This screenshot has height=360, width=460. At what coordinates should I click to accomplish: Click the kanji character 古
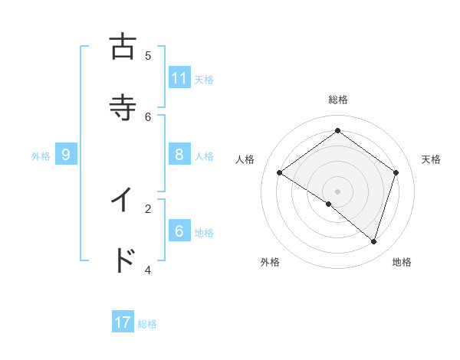123,47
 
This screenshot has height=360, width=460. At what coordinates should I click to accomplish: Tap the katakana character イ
123,200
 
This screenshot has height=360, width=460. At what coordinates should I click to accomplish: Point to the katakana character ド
123,260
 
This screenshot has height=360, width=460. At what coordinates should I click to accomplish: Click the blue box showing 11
179,78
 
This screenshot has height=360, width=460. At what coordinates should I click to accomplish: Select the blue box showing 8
179,155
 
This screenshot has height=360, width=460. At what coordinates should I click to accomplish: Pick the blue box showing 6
179,231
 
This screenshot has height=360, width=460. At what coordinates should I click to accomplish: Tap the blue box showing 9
66,155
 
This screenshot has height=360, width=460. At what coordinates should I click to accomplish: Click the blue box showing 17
123,322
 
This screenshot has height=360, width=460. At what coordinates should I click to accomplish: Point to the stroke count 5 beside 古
148,55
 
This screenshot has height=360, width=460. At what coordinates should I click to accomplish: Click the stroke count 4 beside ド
148,270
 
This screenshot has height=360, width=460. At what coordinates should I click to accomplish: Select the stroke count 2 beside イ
148,208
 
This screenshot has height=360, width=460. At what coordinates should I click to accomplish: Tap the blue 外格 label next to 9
41,156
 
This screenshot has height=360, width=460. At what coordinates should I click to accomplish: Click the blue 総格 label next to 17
147,324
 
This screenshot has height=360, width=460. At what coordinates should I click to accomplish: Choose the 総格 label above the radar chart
338,100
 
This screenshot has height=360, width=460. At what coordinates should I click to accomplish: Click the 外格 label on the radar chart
270,262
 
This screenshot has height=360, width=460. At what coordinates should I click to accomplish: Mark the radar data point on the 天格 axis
396,172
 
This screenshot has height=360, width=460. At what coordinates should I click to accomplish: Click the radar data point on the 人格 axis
279,172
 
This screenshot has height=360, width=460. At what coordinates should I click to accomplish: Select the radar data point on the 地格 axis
374,241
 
